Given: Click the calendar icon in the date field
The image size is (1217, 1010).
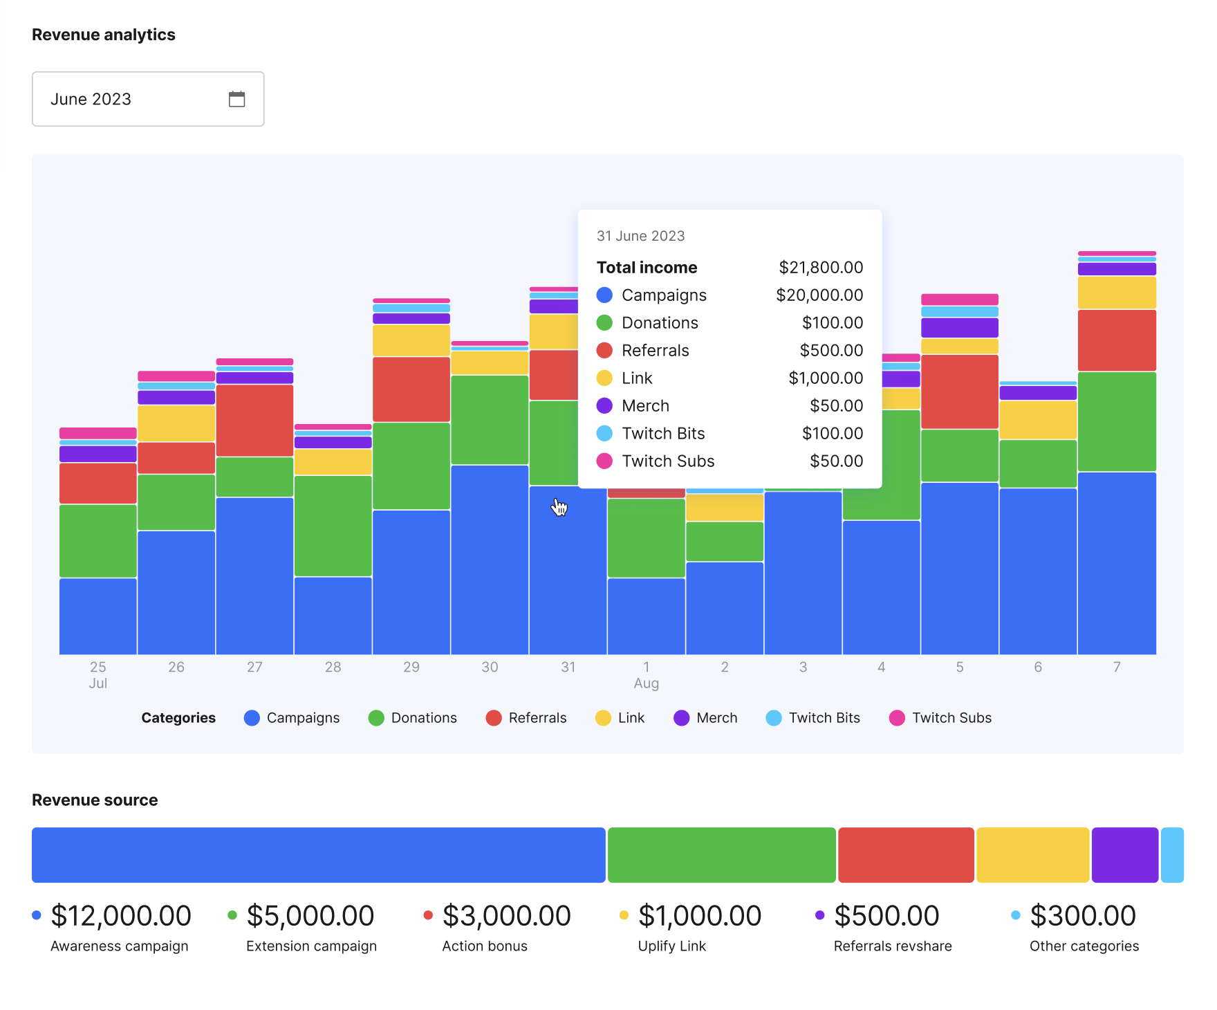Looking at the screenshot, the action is click(236, 99).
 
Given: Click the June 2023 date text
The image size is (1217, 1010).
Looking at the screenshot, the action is click(91, 99).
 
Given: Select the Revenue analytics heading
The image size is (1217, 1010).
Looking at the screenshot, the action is click(104, 35).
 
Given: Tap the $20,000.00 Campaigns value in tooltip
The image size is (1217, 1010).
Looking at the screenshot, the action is click(819, 295).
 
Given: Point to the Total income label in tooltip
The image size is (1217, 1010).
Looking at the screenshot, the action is click(647, 267).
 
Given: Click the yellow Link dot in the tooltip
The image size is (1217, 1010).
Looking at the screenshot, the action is click(604, 378).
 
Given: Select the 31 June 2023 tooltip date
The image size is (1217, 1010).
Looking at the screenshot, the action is click(640, 236).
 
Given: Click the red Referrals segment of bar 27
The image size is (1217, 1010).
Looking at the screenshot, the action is click(254, 420).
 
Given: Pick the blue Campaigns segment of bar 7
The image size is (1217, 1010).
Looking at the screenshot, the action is click(1117, 563).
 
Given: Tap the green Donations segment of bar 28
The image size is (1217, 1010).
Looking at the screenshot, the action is click(333, 526).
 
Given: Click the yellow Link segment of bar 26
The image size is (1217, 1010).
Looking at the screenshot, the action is click(176, 423).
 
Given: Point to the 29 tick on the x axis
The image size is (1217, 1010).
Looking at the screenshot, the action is click(411, 667).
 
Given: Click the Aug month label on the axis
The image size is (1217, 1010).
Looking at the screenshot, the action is click(647, 683).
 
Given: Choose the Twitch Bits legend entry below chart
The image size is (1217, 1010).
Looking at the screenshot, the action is click(813, 718).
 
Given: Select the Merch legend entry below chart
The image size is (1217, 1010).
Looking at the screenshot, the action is click(705, 718).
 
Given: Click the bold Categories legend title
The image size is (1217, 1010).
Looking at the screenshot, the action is click(178, 718).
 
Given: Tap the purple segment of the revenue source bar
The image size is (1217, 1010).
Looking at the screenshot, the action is click(1125, 855).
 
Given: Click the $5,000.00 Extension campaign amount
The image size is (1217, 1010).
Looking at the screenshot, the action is click(310, 916).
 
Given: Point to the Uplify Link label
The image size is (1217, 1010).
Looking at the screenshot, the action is click(672, 946).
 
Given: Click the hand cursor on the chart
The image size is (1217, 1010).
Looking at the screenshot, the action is click(559, 507).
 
